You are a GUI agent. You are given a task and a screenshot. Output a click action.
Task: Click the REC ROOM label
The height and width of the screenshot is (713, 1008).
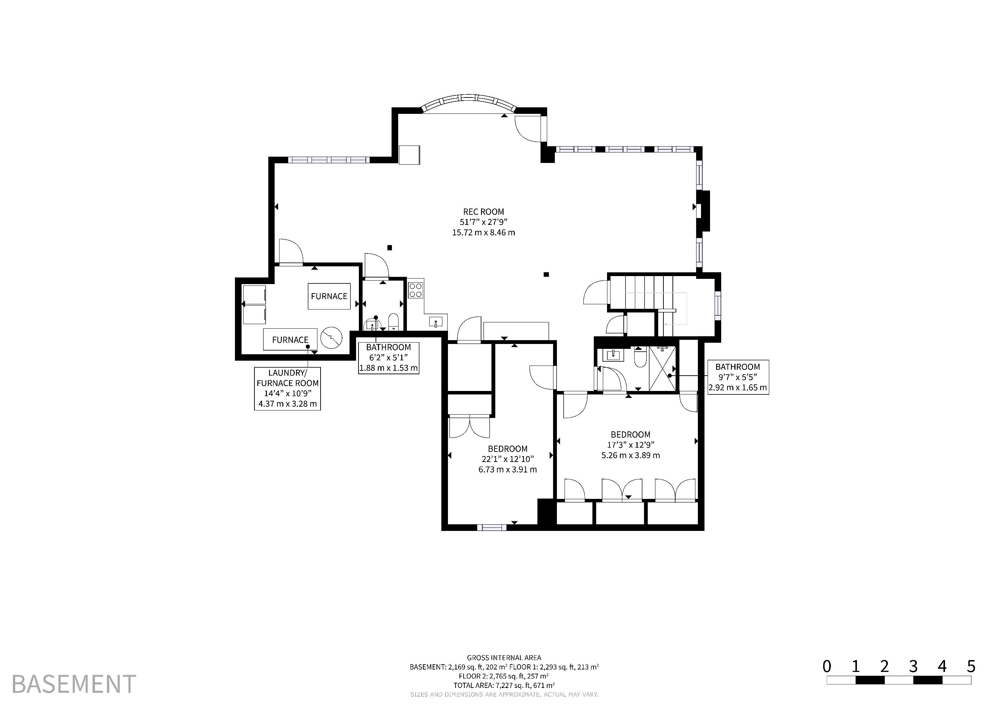tap(483, 212)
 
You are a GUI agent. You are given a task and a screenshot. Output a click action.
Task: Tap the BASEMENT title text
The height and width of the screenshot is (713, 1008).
tap(74, 684)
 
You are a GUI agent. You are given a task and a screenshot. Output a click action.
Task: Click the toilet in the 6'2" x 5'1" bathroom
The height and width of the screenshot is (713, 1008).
tap(393, 321)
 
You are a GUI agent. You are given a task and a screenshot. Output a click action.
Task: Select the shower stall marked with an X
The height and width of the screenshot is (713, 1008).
tap(662, 368)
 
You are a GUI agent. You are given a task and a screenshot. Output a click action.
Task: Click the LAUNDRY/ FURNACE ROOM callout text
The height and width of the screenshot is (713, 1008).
tap(288, 378)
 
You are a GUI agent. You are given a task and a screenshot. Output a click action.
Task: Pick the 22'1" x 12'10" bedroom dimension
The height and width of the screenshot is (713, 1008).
tap(507, 459)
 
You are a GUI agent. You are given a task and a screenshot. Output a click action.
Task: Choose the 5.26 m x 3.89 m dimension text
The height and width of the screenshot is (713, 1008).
tap(630, 455)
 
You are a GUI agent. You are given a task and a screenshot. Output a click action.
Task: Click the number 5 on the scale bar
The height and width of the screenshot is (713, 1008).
tap(971, 666)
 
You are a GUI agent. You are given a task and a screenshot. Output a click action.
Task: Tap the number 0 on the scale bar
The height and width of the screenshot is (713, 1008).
tap(827, 666)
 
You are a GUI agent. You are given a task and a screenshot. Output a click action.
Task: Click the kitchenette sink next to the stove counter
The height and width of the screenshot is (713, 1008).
tap(436, 322)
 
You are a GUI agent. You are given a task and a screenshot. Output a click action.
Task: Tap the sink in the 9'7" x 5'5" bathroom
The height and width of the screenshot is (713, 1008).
tap(613, 355)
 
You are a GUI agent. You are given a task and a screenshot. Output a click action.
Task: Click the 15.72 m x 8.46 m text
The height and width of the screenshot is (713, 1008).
tap(483, 232)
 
